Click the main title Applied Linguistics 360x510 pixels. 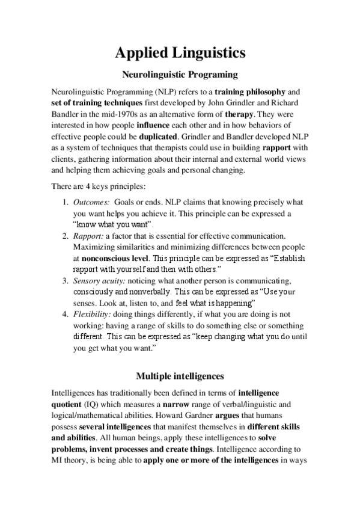click(180, 53)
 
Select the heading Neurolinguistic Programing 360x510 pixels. click(180, 76)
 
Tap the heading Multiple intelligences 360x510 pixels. click(180, 377)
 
